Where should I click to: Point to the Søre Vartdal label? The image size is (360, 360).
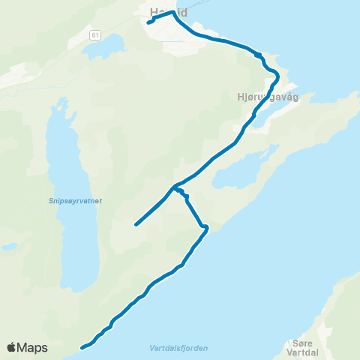pos(302,346)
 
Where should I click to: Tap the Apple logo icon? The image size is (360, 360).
pos(12,347)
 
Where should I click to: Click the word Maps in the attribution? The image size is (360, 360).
pos(32,347)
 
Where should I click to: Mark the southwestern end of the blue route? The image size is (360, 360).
pos(82,347)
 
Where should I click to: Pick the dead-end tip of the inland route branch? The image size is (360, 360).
pos(136,224)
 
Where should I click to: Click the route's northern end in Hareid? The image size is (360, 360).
pos(148,22)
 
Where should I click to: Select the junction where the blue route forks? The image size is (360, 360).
pos(174,186)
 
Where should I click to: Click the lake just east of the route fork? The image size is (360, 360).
pos(233,177)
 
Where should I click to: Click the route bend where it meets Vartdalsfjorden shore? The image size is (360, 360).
pos(205,226)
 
